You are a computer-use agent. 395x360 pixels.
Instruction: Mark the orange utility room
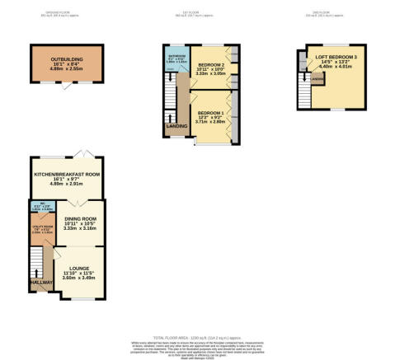click(45, 231)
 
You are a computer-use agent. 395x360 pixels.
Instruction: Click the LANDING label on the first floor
click(176, 126)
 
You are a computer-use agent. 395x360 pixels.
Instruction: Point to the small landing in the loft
click(317, 81)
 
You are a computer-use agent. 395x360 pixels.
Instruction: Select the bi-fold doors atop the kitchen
click(80, 155)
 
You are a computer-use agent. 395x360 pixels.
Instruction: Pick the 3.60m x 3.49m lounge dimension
click(80, 278)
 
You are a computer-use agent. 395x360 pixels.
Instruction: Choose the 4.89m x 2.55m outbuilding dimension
click(68, 70)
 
